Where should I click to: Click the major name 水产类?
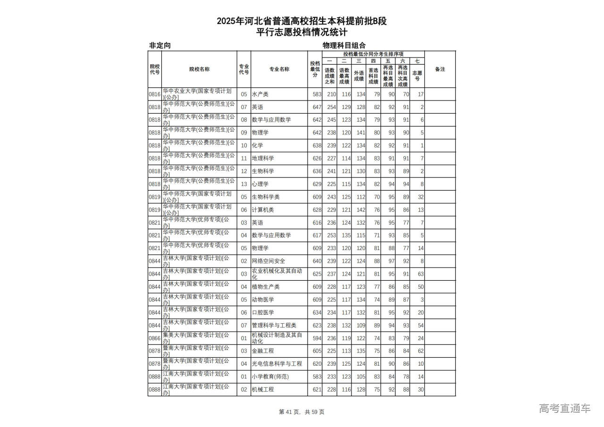260,94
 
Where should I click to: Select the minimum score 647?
317,107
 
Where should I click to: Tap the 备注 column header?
440,69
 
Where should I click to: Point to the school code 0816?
155,94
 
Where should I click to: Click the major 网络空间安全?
268,261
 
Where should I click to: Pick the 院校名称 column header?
199,69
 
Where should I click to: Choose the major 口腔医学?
262,312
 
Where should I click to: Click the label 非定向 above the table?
159,45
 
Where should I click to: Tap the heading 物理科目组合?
344,45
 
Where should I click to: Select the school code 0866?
155,338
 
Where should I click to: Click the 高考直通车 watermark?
564,408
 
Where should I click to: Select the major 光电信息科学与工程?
277,364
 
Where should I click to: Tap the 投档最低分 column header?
315,69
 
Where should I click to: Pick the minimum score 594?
317,338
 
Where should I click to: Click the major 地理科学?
262,159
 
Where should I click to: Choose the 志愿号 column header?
417,75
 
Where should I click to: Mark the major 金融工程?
262,351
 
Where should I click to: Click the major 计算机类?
262,210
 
